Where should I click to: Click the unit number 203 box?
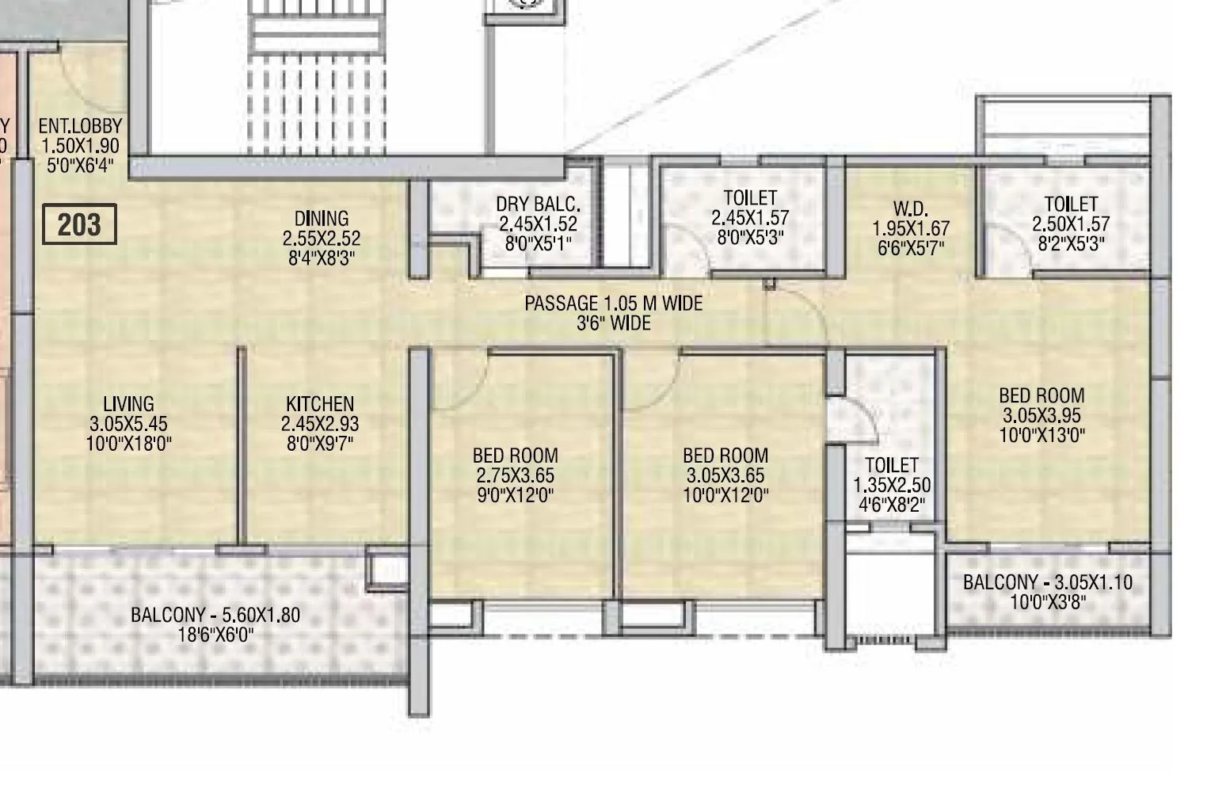(x=79, y=225)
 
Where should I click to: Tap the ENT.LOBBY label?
(x=80, y=126)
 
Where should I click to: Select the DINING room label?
(x=321, y=218)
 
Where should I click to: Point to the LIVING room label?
(x=128, y=403)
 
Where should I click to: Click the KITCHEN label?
(x=320, y=403)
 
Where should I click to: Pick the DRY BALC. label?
(x=538, y=204)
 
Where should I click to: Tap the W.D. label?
(x=910, y=208)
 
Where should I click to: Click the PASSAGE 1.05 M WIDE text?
(x=613, y=303)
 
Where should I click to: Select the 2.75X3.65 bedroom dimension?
(x=515, y=475)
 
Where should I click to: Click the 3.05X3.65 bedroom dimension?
(x=725, y=475)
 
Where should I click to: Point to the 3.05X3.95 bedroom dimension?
(x=1041, y=415)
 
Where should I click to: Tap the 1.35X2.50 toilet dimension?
(x=892, y=485)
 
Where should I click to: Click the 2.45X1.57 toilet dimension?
(x=750, y=217)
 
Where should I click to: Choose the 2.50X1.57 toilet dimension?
(x=1071, y=224)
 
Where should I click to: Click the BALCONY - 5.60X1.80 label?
(x=215, y=614)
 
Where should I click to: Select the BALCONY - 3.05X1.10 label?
(x=1047, y=582)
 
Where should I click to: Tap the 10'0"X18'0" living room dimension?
(x=128, y=444)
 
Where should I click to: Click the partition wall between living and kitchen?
(x=241, y=444)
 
